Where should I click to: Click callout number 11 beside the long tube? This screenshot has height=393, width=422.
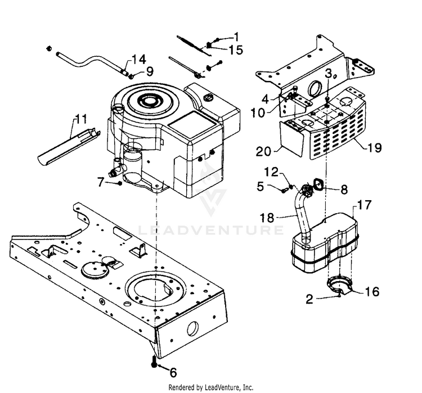coord(82,119)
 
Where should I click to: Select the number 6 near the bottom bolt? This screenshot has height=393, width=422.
coord(173,372)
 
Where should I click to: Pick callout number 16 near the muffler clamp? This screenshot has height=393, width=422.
coord(372,292)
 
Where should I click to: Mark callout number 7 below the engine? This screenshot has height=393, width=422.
coord(101,181)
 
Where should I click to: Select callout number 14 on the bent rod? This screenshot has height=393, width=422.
coord(139,60)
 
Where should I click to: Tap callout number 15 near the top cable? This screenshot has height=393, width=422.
coord(236,50)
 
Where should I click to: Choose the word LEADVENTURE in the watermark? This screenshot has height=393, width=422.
coord(211,229)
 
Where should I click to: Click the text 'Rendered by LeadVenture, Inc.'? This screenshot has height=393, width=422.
coord(211,387)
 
